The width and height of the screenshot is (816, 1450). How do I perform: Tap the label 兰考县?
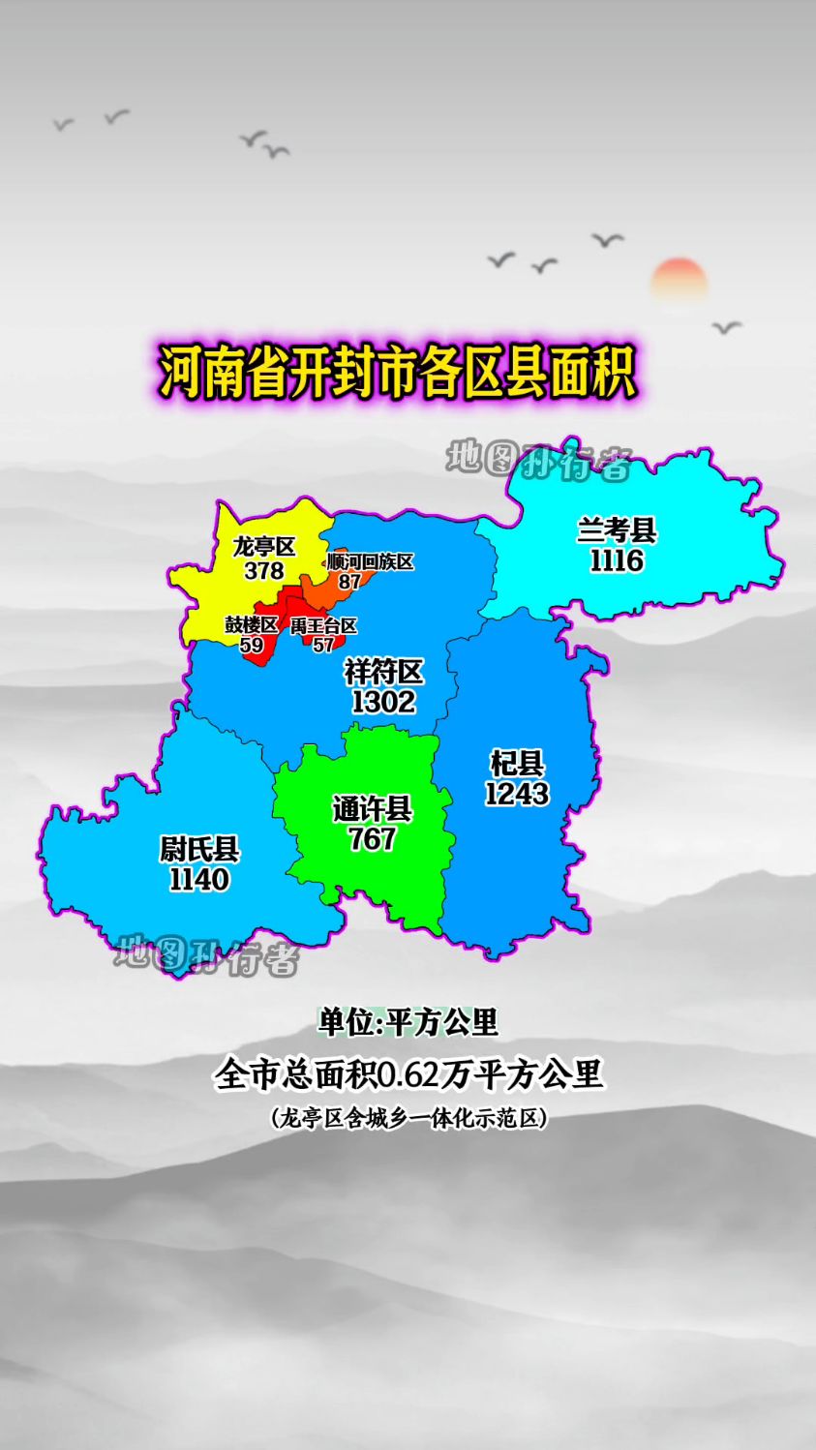point(617,530)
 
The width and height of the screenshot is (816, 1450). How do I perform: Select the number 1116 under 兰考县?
point(617,560)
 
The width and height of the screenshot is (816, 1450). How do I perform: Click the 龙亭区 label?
point(263,547)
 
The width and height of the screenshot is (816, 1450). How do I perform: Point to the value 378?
point(263,571)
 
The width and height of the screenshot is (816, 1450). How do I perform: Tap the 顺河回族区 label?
point(370,562)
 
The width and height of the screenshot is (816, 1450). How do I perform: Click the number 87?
point(349,582)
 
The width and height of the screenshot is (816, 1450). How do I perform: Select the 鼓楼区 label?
point(252,625)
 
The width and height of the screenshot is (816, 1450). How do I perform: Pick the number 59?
point(252,646)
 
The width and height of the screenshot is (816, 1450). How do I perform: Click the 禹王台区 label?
point(323,626)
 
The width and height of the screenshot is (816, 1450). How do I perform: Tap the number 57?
point(323,646)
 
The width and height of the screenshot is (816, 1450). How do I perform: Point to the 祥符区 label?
point(383,671)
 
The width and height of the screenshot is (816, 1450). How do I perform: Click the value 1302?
point(383,701)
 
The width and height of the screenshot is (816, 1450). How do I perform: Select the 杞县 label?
point(517,764)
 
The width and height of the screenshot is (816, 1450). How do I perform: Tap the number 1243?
point(517,794)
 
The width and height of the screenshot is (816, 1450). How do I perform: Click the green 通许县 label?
point(373,808)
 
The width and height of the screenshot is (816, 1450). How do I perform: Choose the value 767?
point(373,838)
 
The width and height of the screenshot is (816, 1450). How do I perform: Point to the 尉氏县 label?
point(199,850)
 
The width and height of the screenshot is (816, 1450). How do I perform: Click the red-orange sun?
point(679,281)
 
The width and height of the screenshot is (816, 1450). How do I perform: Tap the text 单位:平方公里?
point(408,1022)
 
